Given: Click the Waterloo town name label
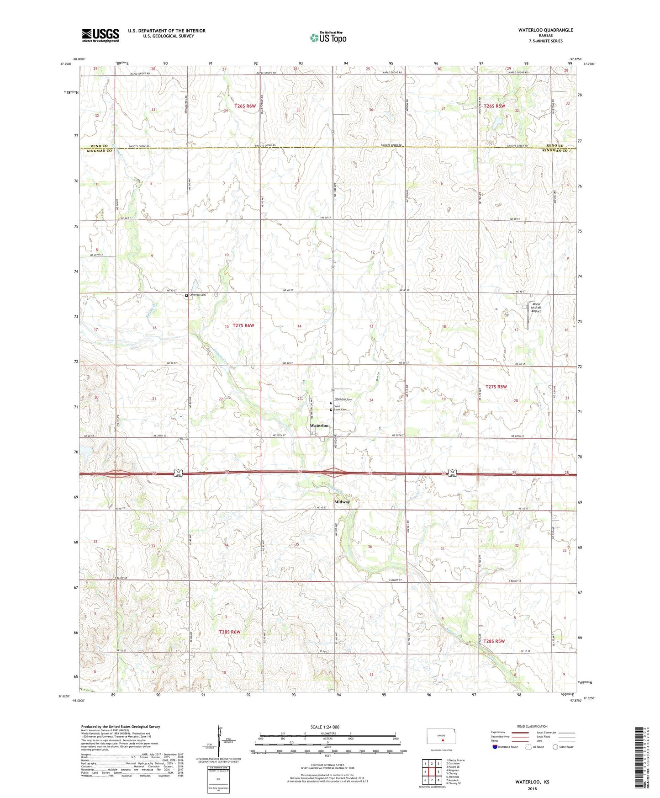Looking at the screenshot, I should [319, 426].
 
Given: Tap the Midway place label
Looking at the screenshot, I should [342, 502].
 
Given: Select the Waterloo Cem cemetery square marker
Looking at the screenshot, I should [331, 403].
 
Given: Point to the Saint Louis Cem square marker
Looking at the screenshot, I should [331, 410].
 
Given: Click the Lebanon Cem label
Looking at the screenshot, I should [197, 295].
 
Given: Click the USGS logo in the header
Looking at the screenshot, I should [100, 35].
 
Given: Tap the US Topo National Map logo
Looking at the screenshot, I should [328, 37].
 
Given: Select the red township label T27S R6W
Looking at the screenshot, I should [243, 325].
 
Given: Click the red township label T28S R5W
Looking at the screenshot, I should [494, 641].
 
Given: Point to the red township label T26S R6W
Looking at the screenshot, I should [245, 106].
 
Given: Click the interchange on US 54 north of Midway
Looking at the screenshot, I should [333, 473].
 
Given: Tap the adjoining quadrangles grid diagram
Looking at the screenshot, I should [432, 771].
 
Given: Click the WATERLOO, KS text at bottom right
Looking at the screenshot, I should [532, 782].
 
